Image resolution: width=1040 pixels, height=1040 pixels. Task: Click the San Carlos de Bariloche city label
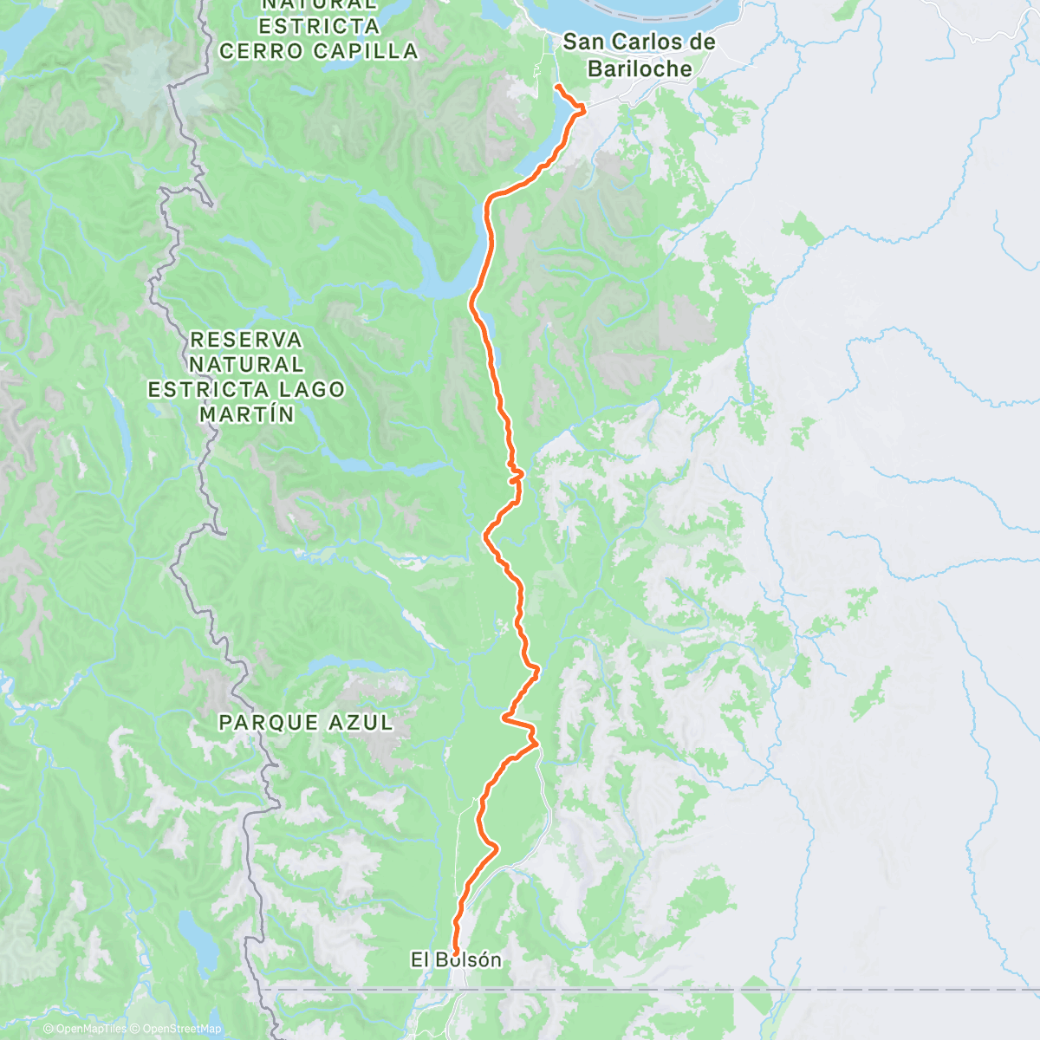pyautogui.click(x=640, y=55)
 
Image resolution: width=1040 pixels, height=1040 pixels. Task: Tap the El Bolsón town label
pyautogui.click(x=456, y=959)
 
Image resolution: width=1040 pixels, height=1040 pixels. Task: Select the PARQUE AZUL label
pyautogui.click(x=306, y=722)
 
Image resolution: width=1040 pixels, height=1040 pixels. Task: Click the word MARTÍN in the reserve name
pyautogui.click(x=247, y=414)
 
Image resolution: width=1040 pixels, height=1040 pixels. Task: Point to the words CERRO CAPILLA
pyautogui.click(x=319, y=51)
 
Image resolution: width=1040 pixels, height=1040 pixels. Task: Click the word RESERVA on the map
pyautogui.click(x=247, y=339)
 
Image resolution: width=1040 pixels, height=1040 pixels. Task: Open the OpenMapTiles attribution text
pyautogui.click(x=85, y=1029)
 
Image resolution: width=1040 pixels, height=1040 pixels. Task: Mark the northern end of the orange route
pyautogui.click(x=556, y=88)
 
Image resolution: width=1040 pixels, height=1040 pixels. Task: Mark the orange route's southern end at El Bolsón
pyautogui.click(x=455, y=953)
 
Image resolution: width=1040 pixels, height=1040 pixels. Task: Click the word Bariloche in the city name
pyautogui.click(x=640, y=68)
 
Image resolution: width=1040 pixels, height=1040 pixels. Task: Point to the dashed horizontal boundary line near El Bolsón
pyautogui.click(x=693, y=988)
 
